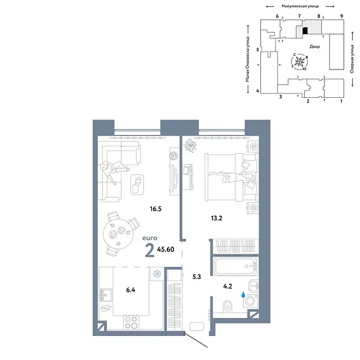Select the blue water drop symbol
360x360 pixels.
[242, 295]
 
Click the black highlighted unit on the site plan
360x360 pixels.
[305, 29]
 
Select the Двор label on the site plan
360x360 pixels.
[315, 46]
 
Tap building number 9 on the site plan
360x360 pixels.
[341, 17]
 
